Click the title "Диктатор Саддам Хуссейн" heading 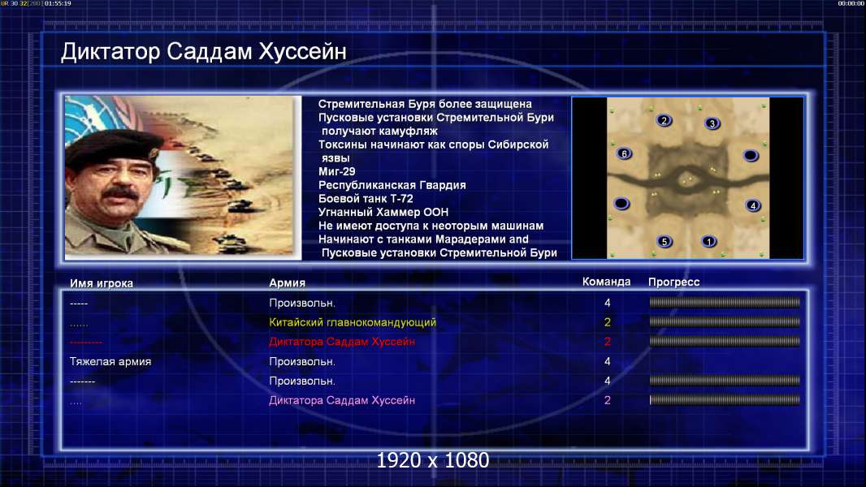coord(204,52)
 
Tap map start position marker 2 coord(664,120)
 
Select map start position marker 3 coord(712,123)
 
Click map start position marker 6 coord(624,153)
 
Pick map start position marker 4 coord(752,205)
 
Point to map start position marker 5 coord(665,241)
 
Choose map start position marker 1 coord(708,241)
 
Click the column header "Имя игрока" coord(101,283)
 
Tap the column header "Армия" coord(288,282)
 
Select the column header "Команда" coord(606,282)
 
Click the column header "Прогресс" coord(673,282)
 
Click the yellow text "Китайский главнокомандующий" coord(353,322)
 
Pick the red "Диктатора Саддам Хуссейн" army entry coord(342,342)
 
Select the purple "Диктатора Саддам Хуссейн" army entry coord(342,400)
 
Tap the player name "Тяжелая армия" coord(110,362)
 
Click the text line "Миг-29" coord(337,171)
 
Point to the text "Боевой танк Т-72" coord(366,199)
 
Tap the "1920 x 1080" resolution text coord(433,460)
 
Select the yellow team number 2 coord(608,322)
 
